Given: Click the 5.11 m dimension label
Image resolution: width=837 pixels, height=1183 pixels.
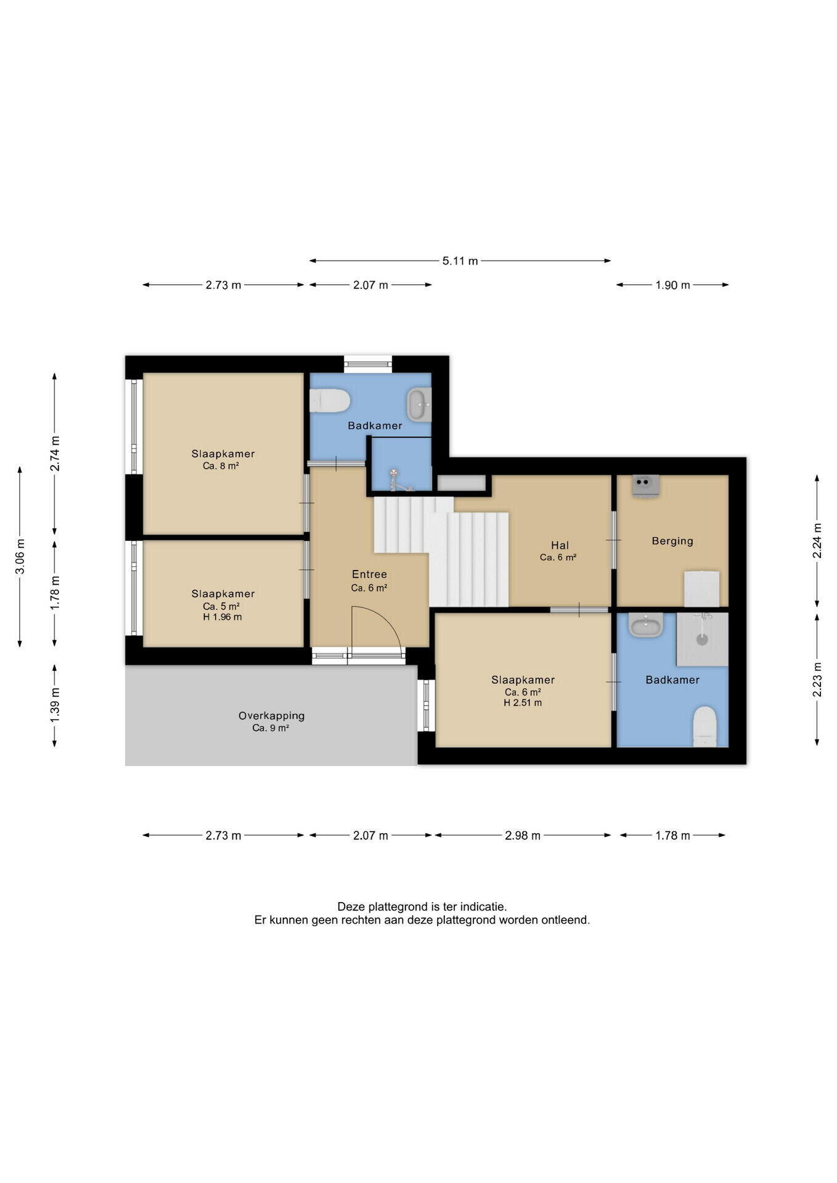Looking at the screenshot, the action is [x=460, y=261].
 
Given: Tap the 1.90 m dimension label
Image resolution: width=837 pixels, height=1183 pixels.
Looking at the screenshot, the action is [x=672, y=285].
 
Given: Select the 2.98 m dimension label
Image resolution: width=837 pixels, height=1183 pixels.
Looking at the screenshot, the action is [x=523, y=835].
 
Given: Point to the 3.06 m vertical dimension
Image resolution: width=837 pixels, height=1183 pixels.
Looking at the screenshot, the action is [x=20, y=556].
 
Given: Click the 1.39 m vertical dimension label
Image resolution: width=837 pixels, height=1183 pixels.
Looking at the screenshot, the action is [x=55, y=706].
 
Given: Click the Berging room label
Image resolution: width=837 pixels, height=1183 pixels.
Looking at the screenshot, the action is [x=672, y=541].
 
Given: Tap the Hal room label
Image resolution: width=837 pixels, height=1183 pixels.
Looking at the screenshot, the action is [x=560, y=545].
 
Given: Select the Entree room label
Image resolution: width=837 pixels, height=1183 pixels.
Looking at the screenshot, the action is [x=369, y=574].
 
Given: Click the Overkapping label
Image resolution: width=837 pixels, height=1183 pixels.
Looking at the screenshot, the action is [x=271, y=716].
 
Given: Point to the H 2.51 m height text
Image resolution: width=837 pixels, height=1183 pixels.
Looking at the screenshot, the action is [x=523, y=703].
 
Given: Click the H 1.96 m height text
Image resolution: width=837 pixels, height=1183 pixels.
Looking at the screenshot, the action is [x=222, y=617].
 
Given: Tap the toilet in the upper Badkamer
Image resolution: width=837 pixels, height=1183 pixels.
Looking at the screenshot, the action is [x=330, y=400].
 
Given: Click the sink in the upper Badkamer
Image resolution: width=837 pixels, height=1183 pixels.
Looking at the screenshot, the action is [x=419, y=405].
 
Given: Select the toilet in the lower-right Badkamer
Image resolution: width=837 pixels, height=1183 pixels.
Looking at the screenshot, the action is [x=705, y=726].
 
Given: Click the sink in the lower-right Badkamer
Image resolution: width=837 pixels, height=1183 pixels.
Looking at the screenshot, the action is [x=646, y=625].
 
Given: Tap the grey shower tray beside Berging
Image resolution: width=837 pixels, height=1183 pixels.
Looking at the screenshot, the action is [x=702, y=639].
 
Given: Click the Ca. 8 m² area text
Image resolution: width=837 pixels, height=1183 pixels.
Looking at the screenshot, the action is [x=221, y=466].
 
